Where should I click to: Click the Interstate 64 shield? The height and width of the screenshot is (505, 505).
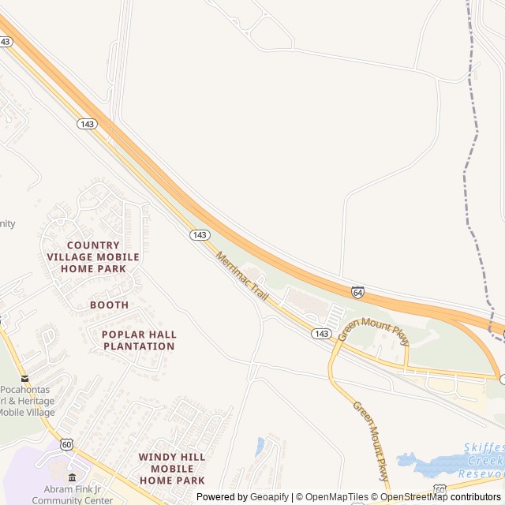pos(358,292)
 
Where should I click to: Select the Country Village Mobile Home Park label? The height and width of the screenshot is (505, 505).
pos(93,256)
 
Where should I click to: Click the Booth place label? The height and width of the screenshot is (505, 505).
pos(109,305)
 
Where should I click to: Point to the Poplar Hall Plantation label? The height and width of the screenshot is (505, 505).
pos(139,340)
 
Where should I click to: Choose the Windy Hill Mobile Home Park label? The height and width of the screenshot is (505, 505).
pos(171,468)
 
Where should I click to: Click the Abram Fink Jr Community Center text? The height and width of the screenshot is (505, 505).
pos(73,494)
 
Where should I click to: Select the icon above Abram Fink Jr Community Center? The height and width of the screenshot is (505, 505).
pos(73,477)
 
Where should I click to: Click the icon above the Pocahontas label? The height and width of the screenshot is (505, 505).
pos(24,379)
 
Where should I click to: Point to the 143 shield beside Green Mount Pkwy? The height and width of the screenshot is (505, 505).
pos(320,334)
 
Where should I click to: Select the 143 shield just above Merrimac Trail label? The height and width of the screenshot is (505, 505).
pos(200,235)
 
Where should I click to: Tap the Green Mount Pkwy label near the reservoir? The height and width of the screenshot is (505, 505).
pos(371,441)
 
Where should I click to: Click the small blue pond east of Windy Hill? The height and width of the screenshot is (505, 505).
pos(260,447)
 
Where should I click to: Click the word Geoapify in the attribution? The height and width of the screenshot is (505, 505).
pos(269,497)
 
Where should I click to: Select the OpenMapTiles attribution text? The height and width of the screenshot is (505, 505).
pos(336,497)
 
